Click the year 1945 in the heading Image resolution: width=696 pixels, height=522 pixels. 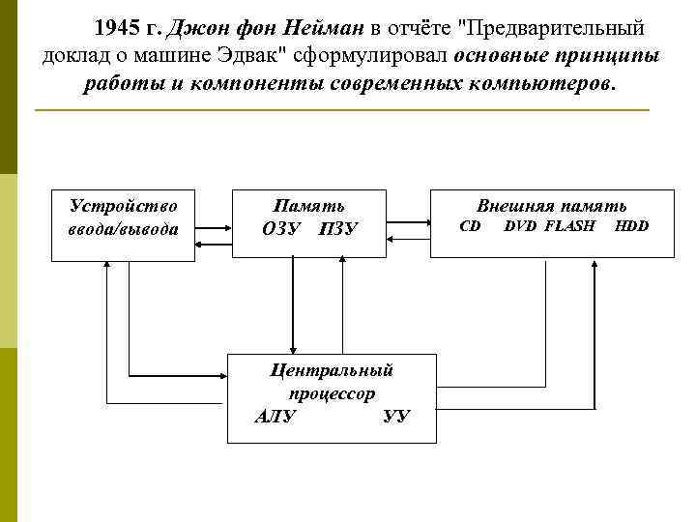[x=115, y=29]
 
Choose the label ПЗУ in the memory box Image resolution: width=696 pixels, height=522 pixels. [x=338, y=229]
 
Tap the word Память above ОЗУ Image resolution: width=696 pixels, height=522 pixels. [x=308, y=206]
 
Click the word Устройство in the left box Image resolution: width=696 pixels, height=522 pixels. [x=123, y=206]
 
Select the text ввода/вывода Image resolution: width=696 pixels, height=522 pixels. [x=123, y=228]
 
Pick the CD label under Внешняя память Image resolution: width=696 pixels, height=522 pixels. [x=470, y=226]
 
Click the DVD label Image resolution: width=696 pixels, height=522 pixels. [x=520, y=226]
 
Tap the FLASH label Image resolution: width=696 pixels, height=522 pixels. [x=570, y=226]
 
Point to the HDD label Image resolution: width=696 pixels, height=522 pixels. [x=631, y=226]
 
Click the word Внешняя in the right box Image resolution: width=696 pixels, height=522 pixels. [x=513, y=206]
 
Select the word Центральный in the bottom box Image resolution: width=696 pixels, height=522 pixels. [x=332, y=370]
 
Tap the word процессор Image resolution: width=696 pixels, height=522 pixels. [x=332, y=393]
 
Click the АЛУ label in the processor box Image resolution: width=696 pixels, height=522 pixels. [x=275, y=417]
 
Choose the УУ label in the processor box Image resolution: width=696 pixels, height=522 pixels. [x=396, y=417]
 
